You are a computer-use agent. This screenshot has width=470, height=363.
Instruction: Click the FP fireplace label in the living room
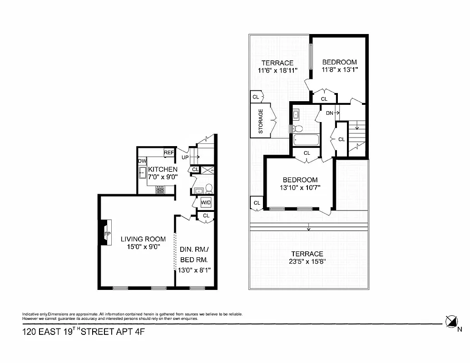107,234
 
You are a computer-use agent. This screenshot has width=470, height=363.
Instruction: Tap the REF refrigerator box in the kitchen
169,153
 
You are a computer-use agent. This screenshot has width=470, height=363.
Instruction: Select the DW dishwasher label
142,161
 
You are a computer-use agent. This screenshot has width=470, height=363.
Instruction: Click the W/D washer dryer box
206,202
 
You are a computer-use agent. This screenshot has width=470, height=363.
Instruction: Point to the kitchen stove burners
160,190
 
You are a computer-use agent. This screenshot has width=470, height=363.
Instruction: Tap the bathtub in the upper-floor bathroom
306,140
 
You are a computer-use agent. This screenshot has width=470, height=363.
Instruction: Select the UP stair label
185,157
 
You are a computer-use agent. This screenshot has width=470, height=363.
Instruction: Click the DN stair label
330,113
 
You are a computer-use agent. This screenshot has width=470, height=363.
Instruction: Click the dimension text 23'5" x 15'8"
307,261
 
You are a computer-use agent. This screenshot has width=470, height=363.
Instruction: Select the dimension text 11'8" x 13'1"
340,70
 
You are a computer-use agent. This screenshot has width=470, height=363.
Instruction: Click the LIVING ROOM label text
143,239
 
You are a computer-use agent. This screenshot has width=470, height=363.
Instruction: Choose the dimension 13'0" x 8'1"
194,270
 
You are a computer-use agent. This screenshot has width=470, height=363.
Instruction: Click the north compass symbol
451,322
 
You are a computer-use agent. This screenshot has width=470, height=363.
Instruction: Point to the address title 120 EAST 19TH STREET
84,332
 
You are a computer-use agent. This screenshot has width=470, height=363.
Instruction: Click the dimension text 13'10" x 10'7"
300,187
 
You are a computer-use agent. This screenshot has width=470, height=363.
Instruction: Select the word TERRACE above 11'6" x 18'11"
277,63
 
